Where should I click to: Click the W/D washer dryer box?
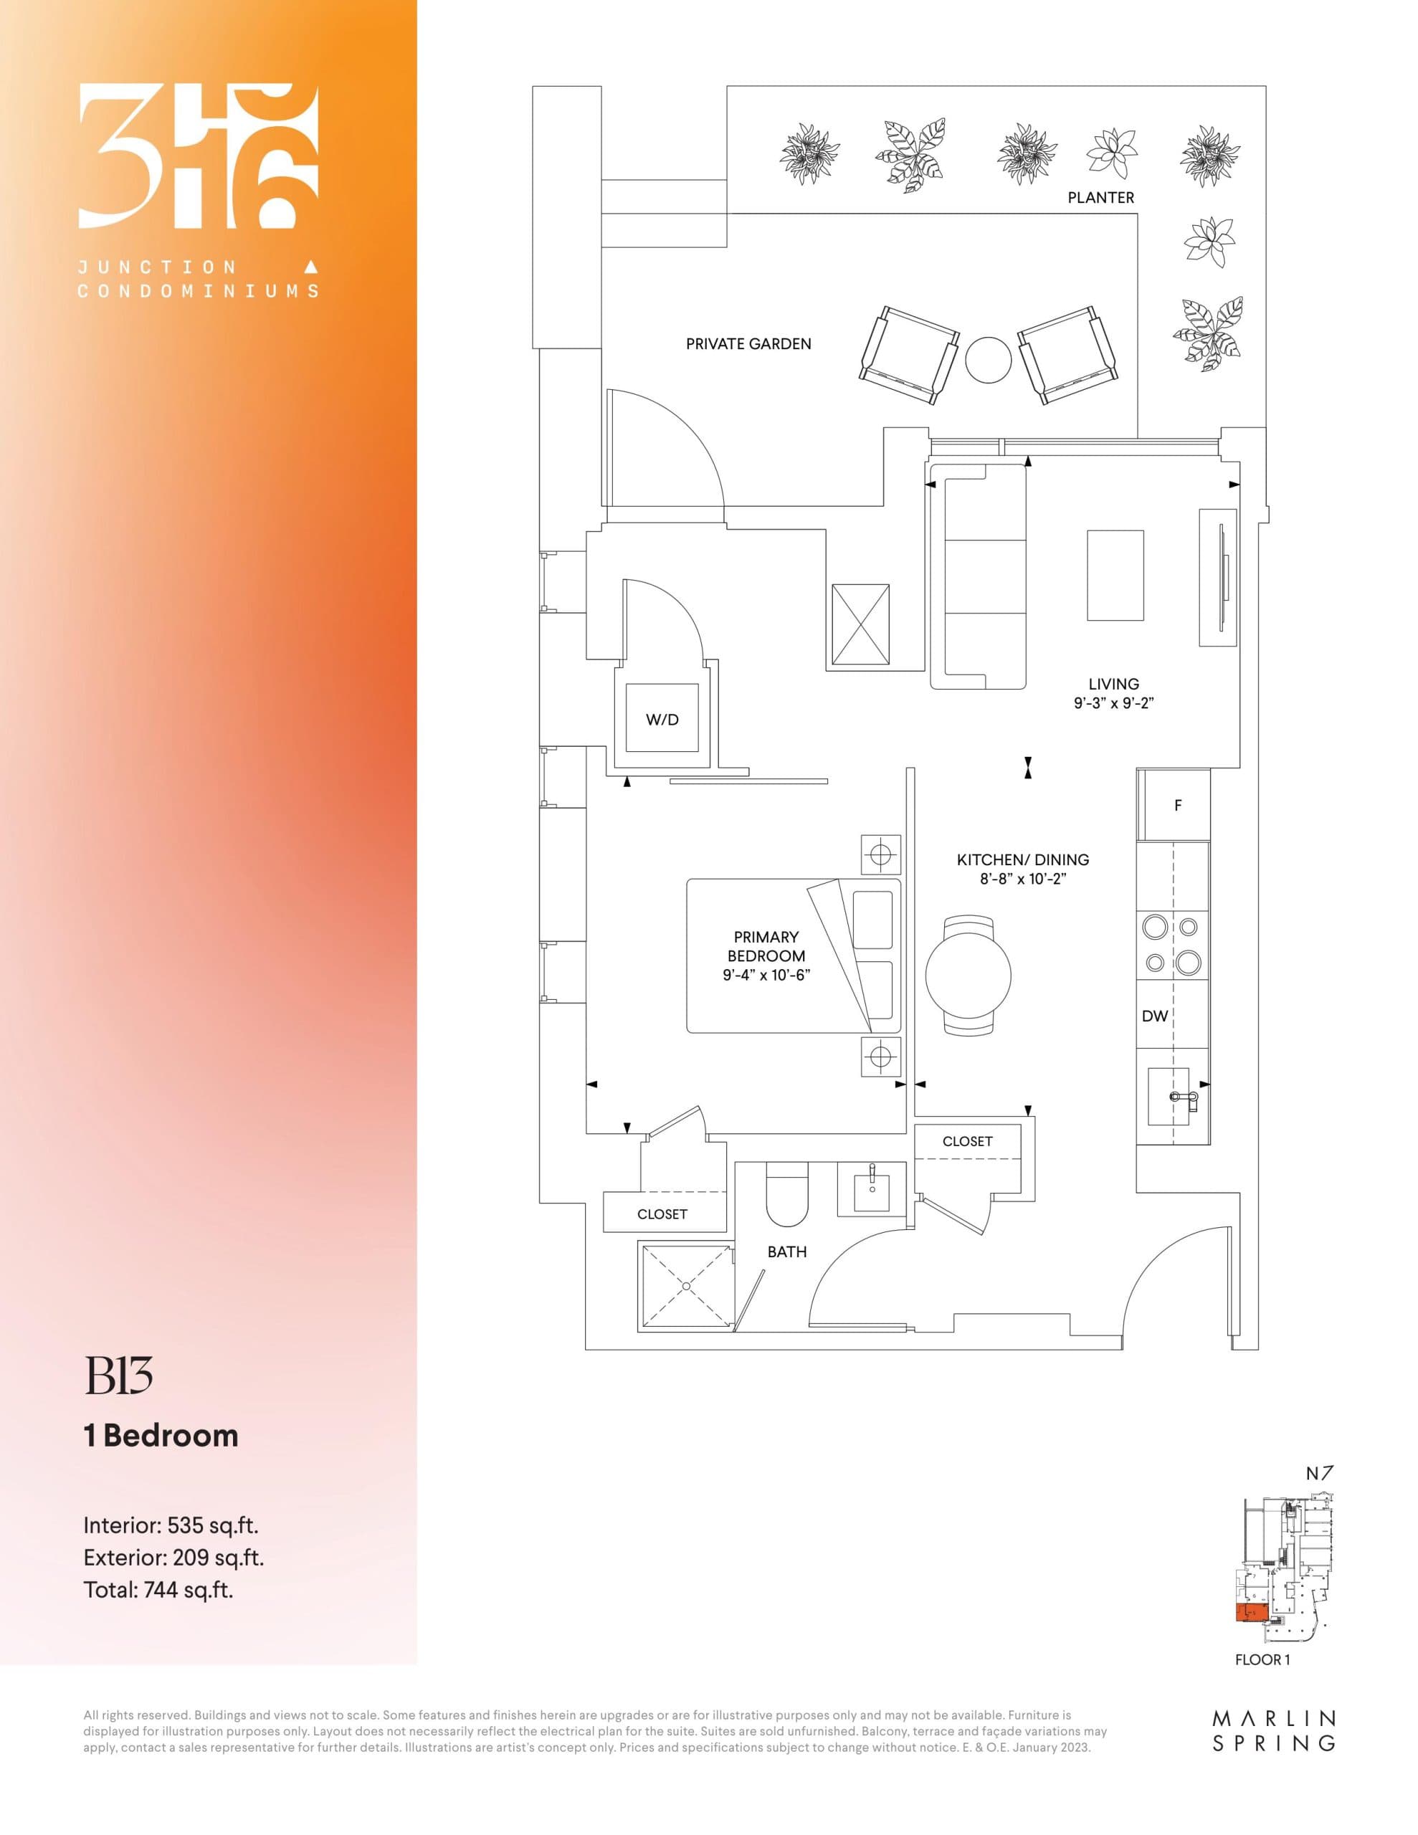662,719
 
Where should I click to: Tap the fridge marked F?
1174,805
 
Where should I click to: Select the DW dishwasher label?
1154,1016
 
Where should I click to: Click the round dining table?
968,976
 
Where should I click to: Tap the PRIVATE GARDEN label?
748,343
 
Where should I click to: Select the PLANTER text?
1100,197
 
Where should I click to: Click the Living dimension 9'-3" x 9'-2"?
1113,703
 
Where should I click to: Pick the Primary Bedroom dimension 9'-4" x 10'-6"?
766,976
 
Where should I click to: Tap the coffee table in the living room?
1115,575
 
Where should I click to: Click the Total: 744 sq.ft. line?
158,1590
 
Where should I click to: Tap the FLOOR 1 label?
1262,1659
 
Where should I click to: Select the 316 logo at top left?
199,156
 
